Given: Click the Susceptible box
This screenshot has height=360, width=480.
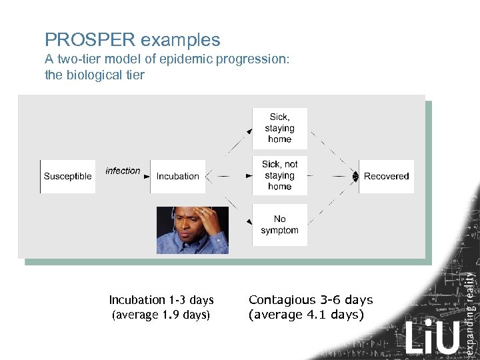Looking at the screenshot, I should click(67, 177).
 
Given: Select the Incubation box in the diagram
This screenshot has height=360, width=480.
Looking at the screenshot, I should click(177, 177).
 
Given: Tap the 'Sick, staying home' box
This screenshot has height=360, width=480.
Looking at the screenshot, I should click(279, 128).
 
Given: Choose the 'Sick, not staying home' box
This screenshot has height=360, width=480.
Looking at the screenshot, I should click(279, 175).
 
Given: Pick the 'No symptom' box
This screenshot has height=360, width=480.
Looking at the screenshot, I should click(279, 225).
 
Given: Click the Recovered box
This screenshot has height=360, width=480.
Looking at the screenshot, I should click(386, 177).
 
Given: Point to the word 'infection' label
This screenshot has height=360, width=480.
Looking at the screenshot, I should click(123, 171).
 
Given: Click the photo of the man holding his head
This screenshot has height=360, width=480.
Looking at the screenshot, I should click(192, 230).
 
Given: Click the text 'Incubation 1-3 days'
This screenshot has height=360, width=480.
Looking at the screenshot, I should click(161, 300).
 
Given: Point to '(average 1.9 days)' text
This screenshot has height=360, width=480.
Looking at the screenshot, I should click(160, 315).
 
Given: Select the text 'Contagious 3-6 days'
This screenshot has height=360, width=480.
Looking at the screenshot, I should click(310, 300).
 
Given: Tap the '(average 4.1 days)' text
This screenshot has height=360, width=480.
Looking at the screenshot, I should click(306, 315).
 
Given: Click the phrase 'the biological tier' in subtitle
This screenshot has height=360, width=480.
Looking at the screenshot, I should click(94, 75).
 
